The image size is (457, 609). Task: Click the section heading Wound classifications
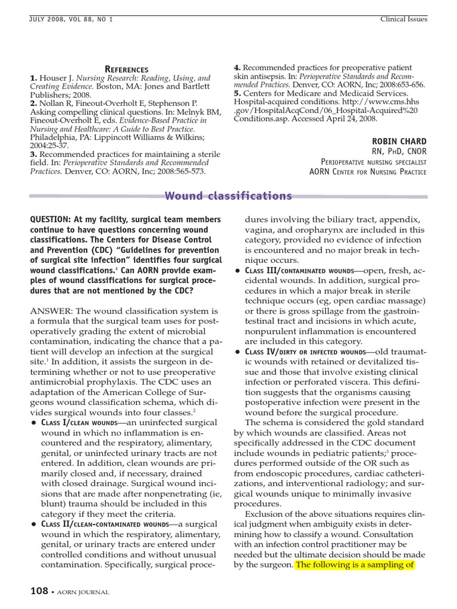(x=228, y=196)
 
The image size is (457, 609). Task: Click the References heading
(x=126, y=69)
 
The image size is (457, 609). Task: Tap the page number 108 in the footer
(x=40, y=591)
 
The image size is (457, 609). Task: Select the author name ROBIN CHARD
(x=399, y=141)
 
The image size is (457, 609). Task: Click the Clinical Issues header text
(x=403, y=19)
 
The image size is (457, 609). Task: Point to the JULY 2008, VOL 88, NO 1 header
(x=71, y=19)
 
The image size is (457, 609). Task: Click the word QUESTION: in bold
(x=52, y=219)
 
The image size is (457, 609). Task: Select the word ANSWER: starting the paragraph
(x=51, y=311)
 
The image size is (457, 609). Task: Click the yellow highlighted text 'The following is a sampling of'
(x=355, y=564)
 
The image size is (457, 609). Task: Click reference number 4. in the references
(x=237, y=68)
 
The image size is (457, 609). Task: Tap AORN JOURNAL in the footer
(x=83, y=592)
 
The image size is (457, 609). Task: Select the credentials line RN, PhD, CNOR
(x=399, y=151)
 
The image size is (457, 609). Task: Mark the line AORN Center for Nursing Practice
(x=368, y=172)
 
